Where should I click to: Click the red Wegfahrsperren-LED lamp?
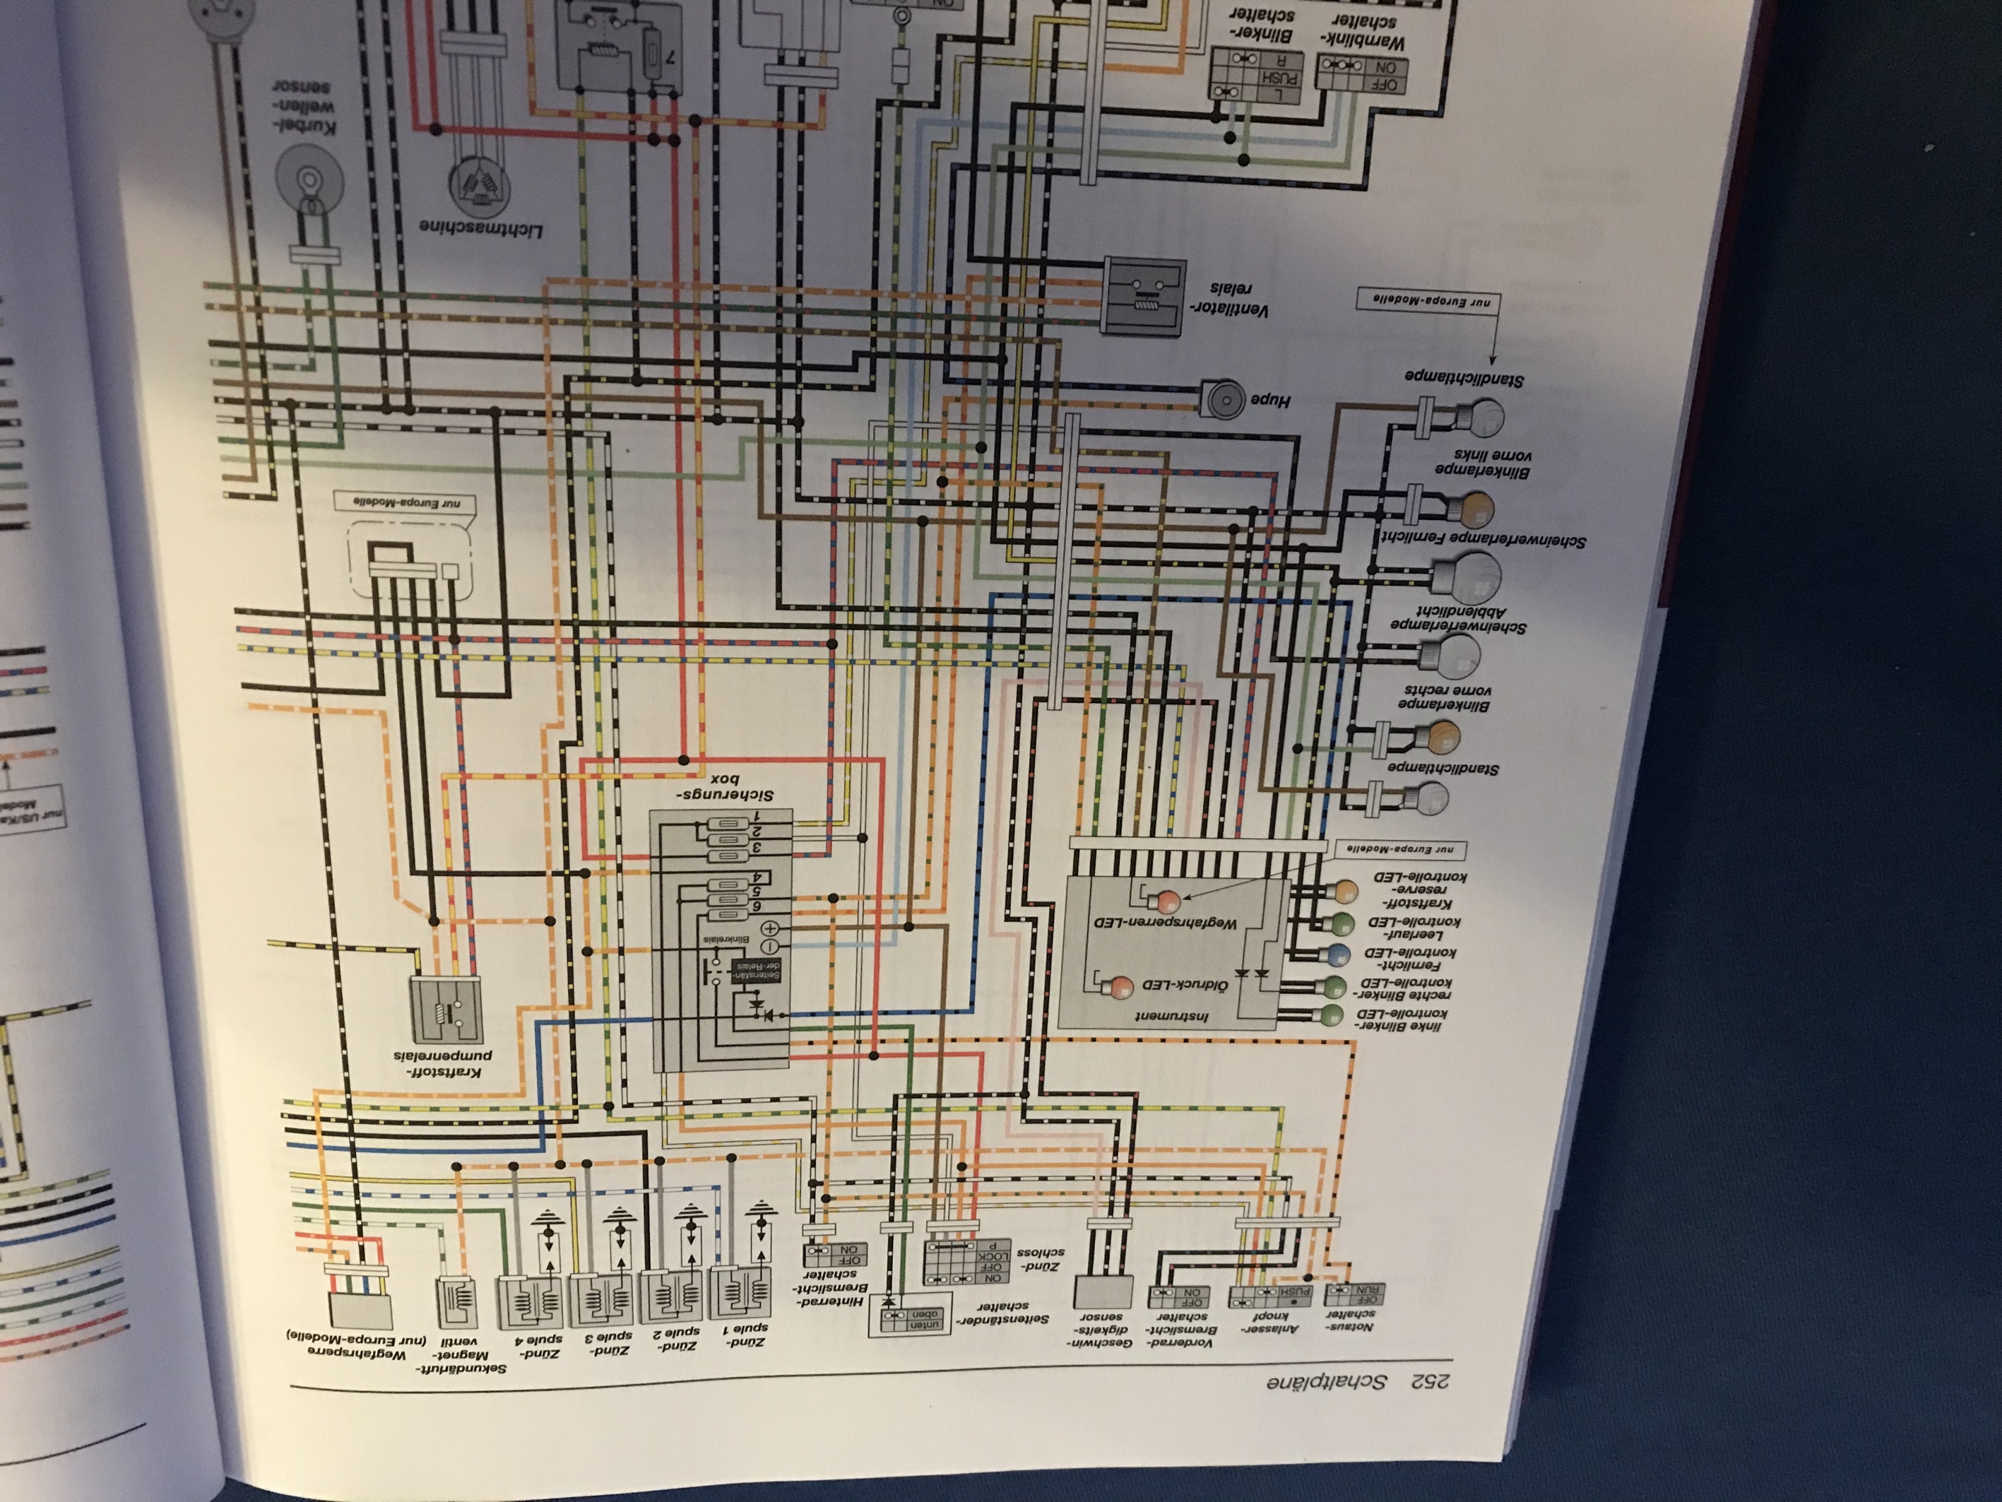tap(1167, 902)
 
